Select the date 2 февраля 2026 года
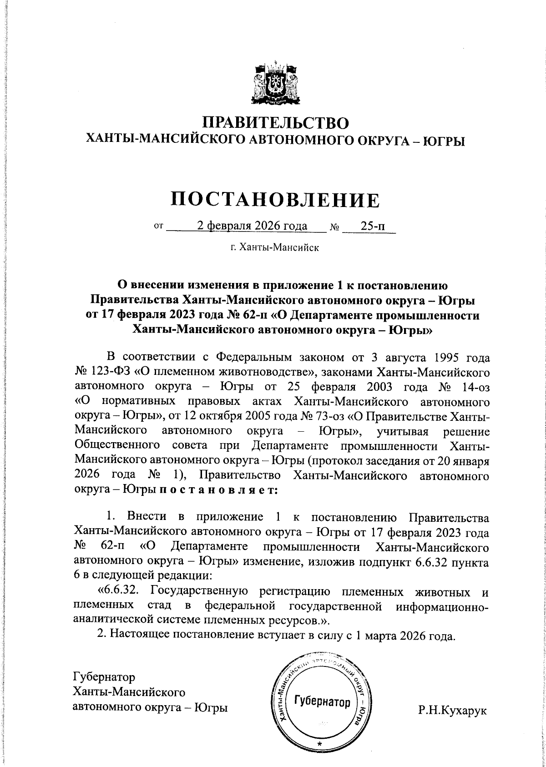pos(252,226)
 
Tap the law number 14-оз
pos(474,388)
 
